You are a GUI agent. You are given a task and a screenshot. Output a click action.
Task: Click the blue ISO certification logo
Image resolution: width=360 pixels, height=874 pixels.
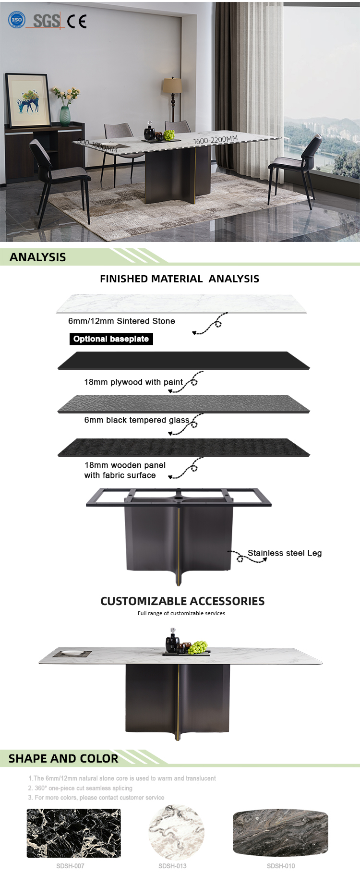17,20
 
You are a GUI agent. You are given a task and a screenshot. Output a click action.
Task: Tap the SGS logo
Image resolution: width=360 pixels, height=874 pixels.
46,21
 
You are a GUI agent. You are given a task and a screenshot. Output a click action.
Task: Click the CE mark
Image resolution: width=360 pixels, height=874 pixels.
77,21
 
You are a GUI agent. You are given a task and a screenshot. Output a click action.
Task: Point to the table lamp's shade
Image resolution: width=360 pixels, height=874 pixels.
172,85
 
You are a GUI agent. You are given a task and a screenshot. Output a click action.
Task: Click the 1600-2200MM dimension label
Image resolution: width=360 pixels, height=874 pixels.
215,140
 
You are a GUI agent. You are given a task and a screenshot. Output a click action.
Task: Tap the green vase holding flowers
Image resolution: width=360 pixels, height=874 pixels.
65,116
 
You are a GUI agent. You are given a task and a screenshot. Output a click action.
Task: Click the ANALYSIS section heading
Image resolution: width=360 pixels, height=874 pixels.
38,257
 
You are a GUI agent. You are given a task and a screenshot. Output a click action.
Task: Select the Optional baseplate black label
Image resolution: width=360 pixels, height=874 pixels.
111,339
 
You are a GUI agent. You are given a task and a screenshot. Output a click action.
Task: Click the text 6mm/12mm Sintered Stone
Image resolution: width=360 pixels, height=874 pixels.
121,321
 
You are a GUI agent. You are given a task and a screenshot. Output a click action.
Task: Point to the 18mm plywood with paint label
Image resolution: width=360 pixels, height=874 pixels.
133,382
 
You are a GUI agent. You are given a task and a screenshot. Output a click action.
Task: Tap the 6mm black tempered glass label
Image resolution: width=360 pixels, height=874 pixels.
137,420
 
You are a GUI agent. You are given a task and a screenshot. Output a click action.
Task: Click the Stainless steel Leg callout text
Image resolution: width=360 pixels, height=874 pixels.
285,553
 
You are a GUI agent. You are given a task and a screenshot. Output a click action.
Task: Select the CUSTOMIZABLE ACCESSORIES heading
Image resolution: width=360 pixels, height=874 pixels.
182,601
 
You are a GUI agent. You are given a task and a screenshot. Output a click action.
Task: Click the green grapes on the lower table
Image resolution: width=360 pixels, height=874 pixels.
197,647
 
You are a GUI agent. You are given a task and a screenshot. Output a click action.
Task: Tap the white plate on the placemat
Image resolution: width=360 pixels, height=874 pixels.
72,653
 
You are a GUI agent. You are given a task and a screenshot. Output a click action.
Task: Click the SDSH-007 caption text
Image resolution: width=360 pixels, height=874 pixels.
70,866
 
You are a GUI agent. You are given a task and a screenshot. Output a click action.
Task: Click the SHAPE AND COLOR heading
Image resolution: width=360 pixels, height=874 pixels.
63,758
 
